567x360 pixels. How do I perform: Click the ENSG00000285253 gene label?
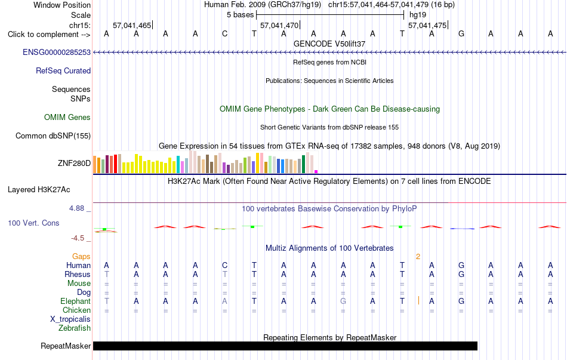pos(57,52)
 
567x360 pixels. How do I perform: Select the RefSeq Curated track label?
pos(63,70)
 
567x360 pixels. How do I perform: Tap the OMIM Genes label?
pos(67,117)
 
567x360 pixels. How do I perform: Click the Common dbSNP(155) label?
pos(53,136)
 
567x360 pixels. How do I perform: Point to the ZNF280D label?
pos(74,163)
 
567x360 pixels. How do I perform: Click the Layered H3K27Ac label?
pos(39,190)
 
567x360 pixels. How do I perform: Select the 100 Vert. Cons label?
pos(33,223)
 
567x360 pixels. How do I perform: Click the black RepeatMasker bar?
pos(285,346)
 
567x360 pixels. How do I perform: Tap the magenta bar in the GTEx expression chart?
pos(316,171)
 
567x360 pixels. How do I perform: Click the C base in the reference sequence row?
pos(225,34)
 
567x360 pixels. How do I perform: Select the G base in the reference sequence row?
pos(461,34)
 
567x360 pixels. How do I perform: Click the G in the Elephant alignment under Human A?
pos(343,301)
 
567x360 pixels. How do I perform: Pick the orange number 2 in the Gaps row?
pos(418,257)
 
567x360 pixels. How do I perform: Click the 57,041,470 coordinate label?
pos(279,25)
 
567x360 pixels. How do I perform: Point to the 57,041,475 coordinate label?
pos(427,25)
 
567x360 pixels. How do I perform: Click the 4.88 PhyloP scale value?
pos(76,208)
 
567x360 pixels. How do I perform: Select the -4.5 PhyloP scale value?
pos(78,238)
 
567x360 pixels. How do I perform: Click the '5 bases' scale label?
pos(240,15)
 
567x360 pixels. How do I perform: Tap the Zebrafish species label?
pos(75,328)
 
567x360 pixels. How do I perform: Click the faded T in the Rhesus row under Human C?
pos(225,274)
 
